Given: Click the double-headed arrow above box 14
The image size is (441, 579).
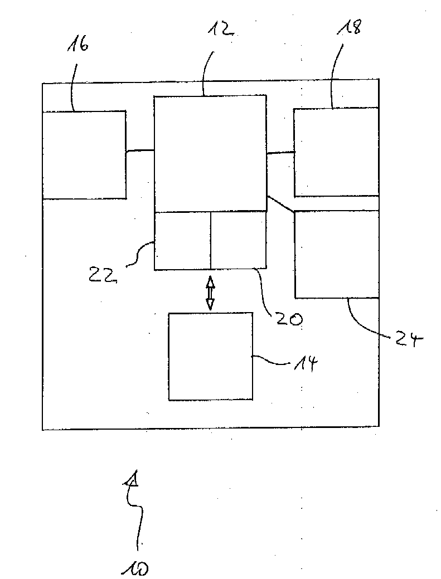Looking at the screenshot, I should click(x=210, y=293).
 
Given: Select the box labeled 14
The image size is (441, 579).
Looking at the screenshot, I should click(x=210, y=356).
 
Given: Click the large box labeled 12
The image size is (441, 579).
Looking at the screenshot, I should click(x=210, y=154).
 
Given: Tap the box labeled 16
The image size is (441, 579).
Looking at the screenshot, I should click(x=84, y=154).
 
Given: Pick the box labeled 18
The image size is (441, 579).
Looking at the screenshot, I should click(x=336, y=152).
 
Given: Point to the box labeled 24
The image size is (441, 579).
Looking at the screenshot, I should click(x=336, y=254).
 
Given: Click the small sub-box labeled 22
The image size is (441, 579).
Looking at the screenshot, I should click(x=182, y=241).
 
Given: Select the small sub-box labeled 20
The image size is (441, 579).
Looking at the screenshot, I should click(x=239, y=241).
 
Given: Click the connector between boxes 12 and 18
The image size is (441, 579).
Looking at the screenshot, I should click(x=280, y=152).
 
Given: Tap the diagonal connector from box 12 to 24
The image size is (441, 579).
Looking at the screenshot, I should click(x=280, y=203).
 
